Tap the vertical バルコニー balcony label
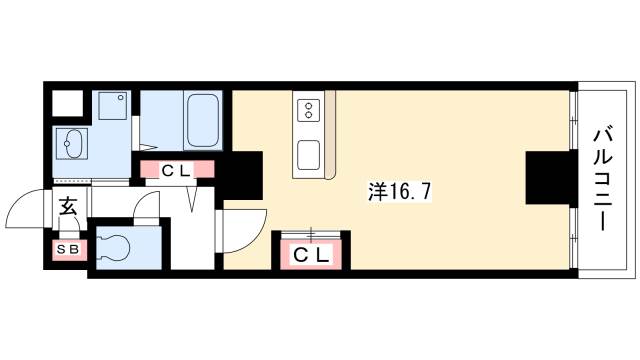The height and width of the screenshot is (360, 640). (603, 177)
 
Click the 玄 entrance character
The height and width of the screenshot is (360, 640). (69, 208)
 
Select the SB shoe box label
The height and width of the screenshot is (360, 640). (69, 247)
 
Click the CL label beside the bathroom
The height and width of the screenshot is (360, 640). (177, 171)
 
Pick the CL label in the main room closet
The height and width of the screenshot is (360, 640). (310, 255)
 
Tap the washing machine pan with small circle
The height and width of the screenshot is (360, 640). (112, 110)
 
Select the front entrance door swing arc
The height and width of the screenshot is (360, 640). (27, 210)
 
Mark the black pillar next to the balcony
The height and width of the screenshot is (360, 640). (545, 178)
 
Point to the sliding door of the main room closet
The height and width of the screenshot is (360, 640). (311, 236)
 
